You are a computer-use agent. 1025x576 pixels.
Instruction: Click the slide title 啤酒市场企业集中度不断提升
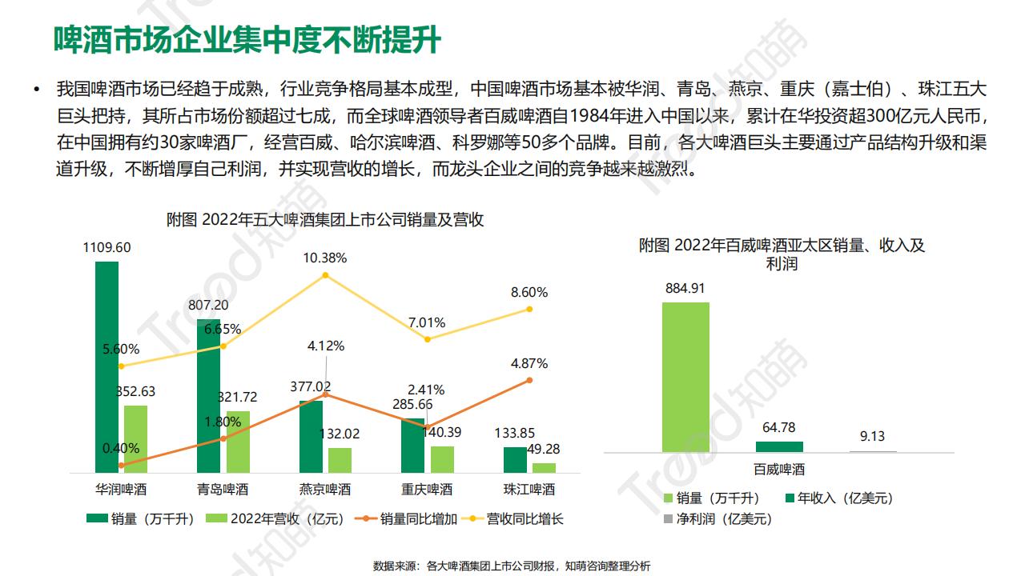click(247, 38)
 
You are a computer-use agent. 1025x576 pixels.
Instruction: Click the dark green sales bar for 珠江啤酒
click(515, 459)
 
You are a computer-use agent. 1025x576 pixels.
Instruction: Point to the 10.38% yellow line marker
click(325, 275)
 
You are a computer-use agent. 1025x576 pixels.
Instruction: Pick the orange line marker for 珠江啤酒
click(529, 380)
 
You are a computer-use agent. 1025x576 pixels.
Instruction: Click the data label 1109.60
click(107, 247)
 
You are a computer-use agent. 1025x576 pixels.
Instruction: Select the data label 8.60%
click(529, 293)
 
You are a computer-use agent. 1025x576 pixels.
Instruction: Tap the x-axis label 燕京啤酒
click(325, 490)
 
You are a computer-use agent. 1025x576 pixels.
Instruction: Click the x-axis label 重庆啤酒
click(427, 490)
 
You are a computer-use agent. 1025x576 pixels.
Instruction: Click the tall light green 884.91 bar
click(685, 377)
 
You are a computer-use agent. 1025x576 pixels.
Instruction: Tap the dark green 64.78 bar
click(779, 446)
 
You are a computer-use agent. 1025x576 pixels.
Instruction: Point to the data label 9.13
click(872, 437)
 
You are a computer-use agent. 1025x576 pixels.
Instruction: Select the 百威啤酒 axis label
click(778, 470)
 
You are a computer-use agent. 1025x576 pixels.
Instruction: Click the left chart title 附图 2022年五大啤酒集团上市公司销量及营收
click(325, 220)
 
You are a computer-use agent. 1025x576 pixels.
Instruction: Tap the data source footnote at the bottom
click(512, 566)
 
